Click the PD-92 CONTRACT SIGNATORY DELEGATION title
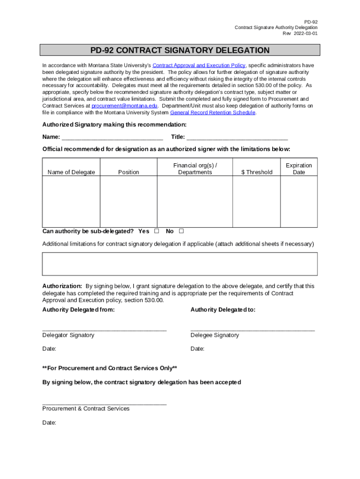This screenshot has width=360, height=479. pos(180,50)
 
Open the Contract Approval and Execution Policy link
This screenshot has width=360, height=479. pos(199,65)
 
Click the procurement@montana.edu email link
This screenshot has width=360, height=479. pos(124,106)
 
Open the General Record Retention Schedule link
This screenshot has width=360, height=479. pos(213,113)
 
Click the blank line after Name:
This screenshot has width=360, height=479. pos(112,138)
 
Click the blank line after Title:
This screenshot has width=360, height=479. pos(237,138)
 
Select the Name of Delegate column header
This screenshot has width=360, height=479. pos(71,172)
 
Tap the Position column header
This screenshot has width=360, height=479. pos(129,172)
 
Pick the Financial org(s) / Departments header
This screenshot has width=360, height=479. pos(195,169)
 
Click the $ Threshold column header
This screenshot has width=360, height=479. pos(257,172)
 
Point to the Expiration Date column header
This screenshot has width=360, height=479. pos(299,169)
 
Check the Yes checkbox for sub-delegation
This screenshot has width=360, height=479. pos(157,231)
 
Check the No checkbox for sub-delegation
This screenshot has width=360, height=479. pos(181,231)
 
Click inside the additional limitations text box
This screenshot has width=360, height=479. pos(180,264)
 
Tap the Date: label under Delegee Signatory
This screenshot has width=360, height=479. pos(197,349)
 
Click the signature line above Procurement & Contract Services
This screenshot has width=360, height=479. pos(104,403)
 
